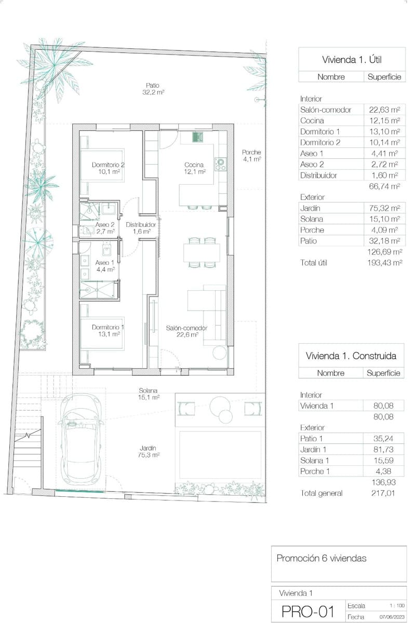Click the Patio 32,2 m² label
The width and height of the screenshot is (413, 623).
click(153, 89)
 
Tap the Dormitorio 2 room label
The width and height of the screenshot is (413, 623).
click(108, 168)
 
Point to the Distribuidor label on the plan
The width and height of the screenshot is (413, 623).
click(141, 228)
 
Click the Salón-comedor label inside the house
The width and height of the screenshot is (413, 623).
click(187, 331)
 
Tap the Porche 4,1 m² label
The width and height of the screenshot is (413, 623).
click(251, 156)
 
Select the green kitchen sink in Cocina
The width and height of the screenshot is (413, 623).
click(197, 138)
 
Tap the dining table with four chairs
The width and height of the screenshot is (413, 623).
click(202, 253)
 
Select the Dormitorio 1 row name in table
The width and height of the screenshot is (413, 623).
click(320, 131)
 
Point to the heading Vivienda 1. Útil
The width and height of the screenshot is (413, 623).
click(352, 60)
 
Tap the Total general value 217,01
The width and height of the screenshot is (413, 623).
click(384, 493)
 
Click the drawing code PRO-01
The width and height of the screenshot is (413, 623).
click(308, 612)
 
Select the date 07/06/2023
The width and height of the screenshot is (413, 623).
click(391, 617)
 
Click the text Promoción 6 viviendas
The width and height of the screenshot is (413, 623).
click(321, 559)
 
